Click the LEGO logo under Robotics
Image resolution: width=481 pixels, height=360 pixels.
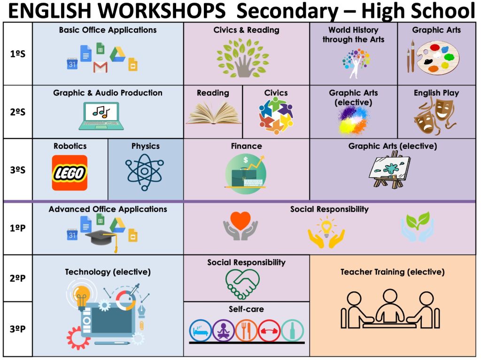tap(70, 173)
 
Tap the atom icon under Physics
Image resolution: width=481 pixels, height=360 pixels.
tap(145, 172)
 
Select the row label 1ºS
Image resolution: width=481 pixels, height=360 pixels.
tap(18, 54)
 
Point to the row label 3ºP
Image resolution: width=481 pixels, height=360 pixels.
tap(17, 329)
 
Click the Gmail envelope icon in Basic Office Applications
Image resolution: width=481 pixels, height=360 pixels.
tap(101, 67)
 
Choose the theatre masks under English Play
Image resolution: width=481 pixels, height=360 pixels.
tap(434, 117)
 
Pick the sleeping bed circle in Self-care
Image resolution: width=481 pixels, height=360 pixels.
tap(200, 330)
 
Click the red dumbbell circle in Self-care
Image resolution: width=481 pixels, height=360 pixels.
tap(269, 330)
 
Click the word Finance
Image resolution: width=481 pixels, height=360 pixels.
tap(246, 146)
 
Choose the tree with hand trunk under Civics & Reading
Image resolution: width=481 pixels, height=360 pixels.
tap(243, 58)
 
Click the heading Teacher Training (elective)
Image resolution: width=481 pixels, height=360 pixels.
tap(392, 272)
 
